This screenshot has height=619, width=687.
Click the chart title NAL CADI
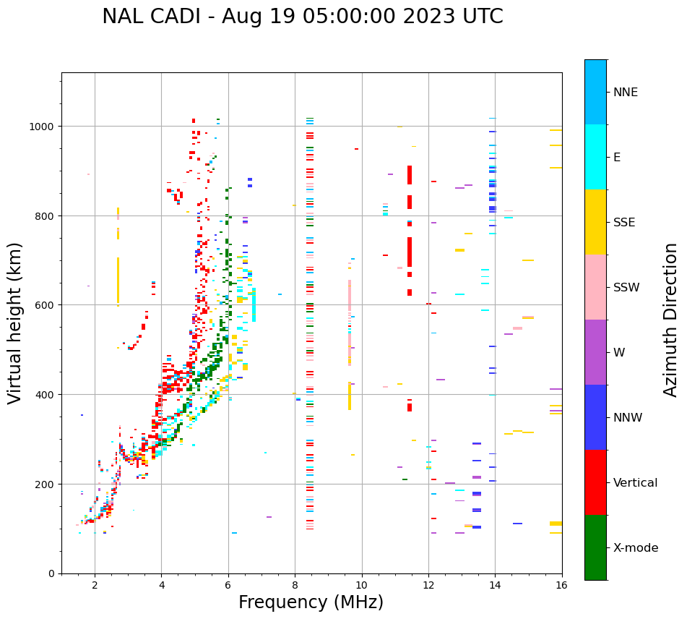click(302, 17)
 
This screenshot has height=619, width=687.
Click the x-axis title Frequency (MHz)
click(311, 602)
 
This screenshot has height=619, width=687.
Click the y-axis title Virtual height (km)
click(15, 323)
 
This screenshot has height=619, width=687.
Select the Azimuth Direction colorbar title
click(671, 319)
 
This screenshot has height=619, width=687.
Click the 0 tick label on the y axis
click(51, 573)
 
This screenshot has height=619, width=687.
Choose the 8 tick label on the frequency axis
click(295, 586)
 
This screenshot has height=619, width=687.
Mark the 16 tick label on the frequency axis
click(562, 586)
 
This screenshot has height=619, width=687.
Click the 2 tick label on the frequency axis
click(95, 586)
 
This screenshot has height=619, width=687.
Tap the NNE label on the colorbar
click(626, 93)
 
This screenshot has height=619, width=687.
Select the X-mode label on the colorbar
click(636, 548)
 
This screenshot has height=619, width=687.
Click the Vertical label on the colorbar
click(635, 483)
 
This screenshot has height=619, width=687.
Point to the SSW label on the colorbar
click(626, 288)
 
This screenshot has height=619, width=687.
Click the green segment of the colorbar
click(595, 547)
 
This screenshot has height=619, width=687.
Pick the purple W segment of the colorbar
click(595, 352)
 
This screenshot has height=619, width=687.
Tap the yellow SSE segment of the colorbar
click(595, 222)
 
